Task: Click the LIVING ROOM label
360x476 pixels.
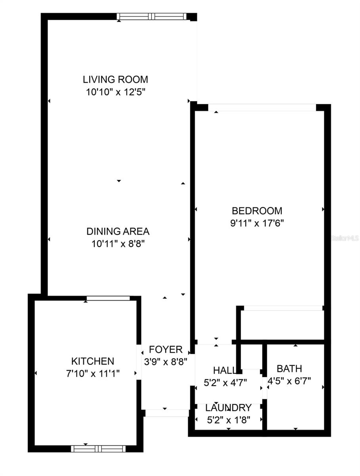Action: coord(115,79)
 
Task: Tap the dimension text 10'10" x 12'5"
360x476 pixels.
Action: coord(115,92)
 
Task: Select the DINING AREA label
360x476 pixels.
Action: coord(118,231)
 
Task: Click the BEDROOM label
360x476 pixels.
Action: coord(257,210)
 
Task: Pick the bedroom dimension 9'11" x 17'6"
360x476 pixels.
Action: coord(257,223)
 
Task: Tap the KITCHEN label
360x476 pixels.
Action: coord(92,361)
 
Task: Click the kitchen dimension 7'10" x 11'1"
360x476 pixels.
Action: coord(92,373)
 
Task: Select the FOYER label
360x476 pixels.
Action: coord(165,349)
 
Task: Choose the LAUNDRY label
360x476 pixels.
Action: coord(228,408)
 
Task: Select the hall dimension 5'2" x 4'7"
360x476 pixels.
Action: coord(225,383)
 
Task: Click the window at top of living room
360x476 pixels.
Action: coord(151,16)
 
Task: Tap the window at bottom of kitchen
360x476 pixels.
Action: coord(98,449)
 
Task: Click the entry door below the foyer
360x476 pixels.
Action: coord(166,413)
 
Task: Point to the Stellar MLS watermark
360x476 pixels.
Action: coord(345,238)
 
